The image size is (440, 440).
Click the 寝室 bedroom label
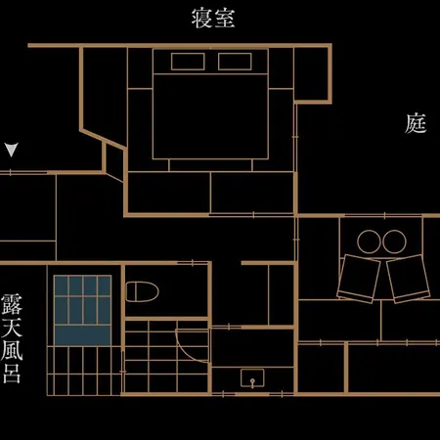[x=213, y=19]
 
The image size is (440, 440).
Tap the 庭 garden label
[x=416, y=123]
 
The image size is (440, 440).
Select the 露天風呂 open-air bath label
[x=12, y=338]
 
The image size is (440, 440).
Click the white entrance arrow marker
[x=12, y=150]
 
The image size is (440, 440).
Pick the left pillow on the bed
[x=188, y=62]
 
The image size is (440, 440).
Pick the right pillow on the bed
[x=235, y=62]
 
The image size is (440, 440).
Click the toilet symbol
[x=142, y=291]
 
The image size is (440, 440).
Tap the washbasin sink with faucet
[x=252, y=378]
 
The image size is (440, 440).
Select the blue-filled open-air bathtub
[x=83, y=311]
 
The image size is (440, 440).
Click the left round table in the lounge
[x=369, y=242]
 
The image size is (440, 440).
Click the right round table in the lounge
[x=394, y=242]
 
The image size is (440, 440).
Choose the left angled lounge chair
[x=359, y=279]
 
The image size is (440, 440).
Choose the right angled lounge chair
[x=409, y=279]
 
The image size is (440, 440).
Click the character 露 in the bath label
[x=12, y=304]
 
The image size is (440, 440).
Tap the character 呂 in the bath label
[x=12, y=374]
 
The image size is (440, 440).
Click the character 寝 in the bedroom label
[x=202, y=19]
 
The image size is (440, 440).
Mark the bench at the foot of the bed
[x=210, y=165]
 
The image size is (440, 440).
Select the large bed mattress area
[x=210, y=116]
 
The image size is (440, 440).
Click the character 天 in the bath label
[x=12, y=327]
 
